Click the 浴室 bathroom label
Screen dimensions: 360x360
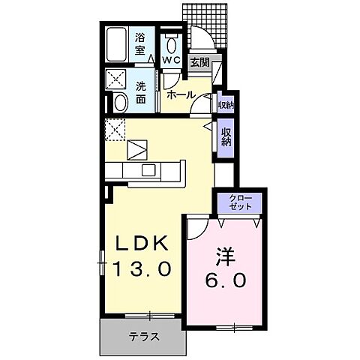(139, 43)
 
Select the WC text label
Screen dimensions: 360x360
(171, 58)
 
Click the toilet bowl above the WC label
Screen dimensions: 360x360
(171, 39)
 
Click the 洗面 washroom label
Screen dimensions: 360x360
(141, 92)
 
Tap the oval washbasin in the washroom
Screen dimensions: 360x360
(119, 103)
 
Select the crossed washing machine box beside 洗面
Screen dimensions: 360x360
(118, 79)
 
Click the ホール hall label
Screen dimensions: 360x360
(181, 94)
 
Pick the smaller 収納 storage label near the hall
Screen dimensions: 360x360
(225, 104)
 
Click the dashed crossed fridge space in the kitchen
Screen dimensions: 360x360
(116, 130)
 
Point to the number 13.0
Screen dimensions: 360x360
(144, 268)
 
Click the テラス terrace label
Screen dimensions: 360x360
(143, 336)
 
